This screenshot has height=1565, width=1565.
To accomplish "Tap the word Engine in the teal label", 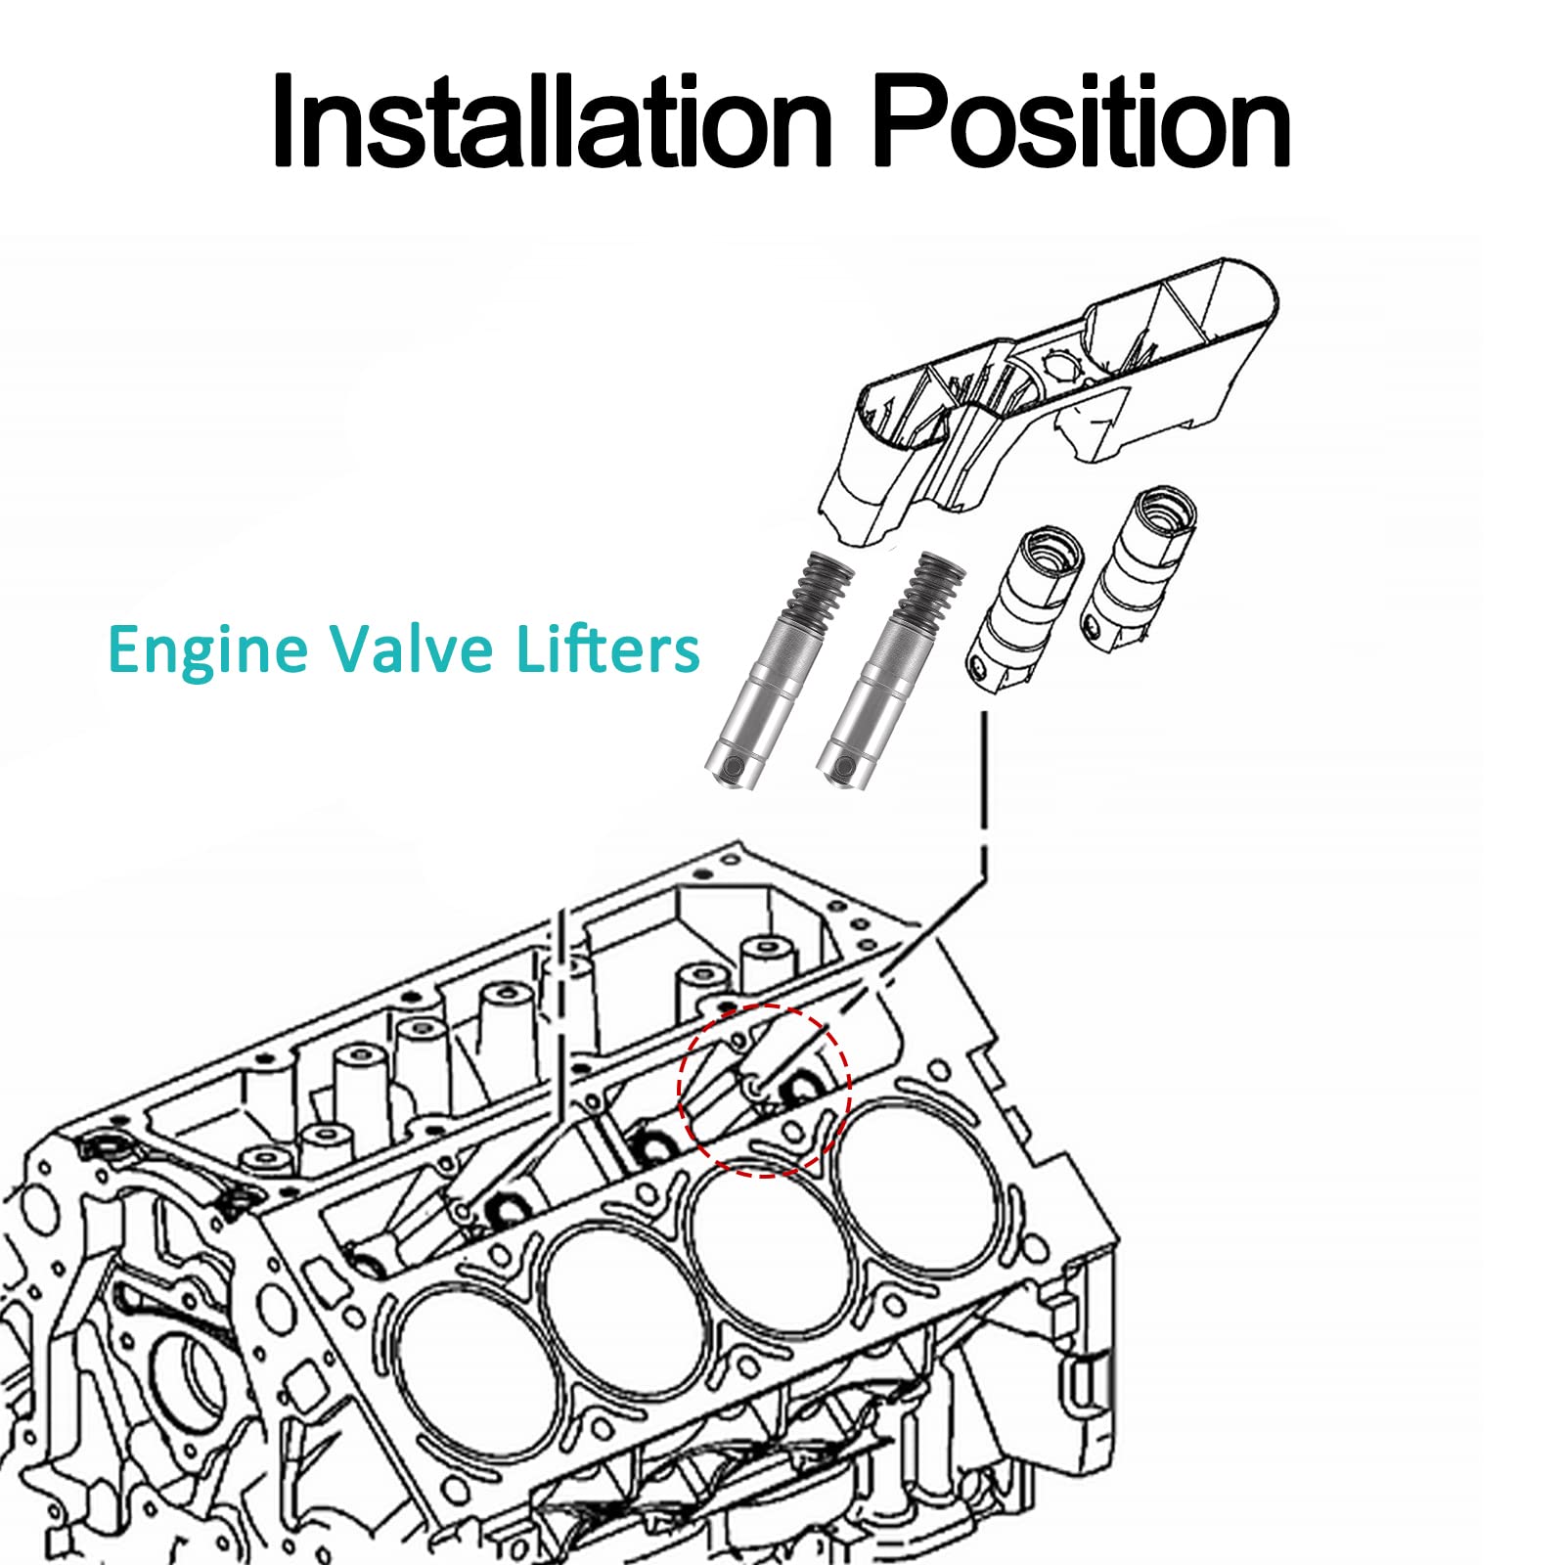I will click(207, 650).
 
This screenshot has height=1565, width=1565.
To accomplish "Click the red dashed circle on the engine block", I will click(765, 1090).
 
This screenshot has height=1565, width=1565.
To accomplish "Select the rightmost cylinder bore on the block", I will click(919, 1188).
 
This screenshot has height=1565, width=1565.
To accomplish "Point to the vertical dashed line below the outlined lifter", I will click(984, 792).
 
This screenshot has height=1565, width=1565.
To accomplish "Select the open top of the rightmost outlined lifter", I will click(1164, 507).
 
